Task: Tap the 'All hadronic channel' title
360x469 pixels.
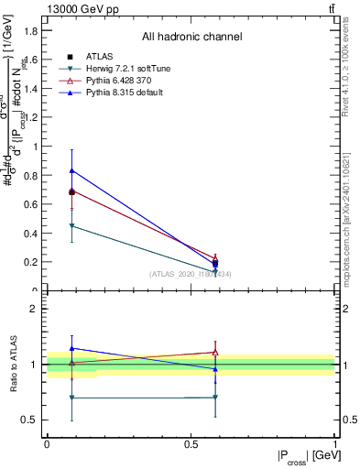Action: click(191, 38)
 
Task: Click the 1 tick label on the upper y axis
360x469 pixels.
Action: click(37, 147)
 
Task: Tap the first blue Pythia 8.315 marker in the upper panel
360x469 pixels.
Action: click(71, 170)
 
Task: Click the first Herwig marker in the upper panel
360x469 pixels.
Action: click(71, 225)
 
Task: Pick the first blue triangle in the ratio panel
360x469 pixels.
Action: click(71, 348)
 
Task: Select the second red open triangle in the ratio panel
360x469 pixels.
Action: click(215, 352)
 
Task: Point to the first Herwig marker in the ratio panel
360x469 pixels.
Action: click(71, 398)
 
